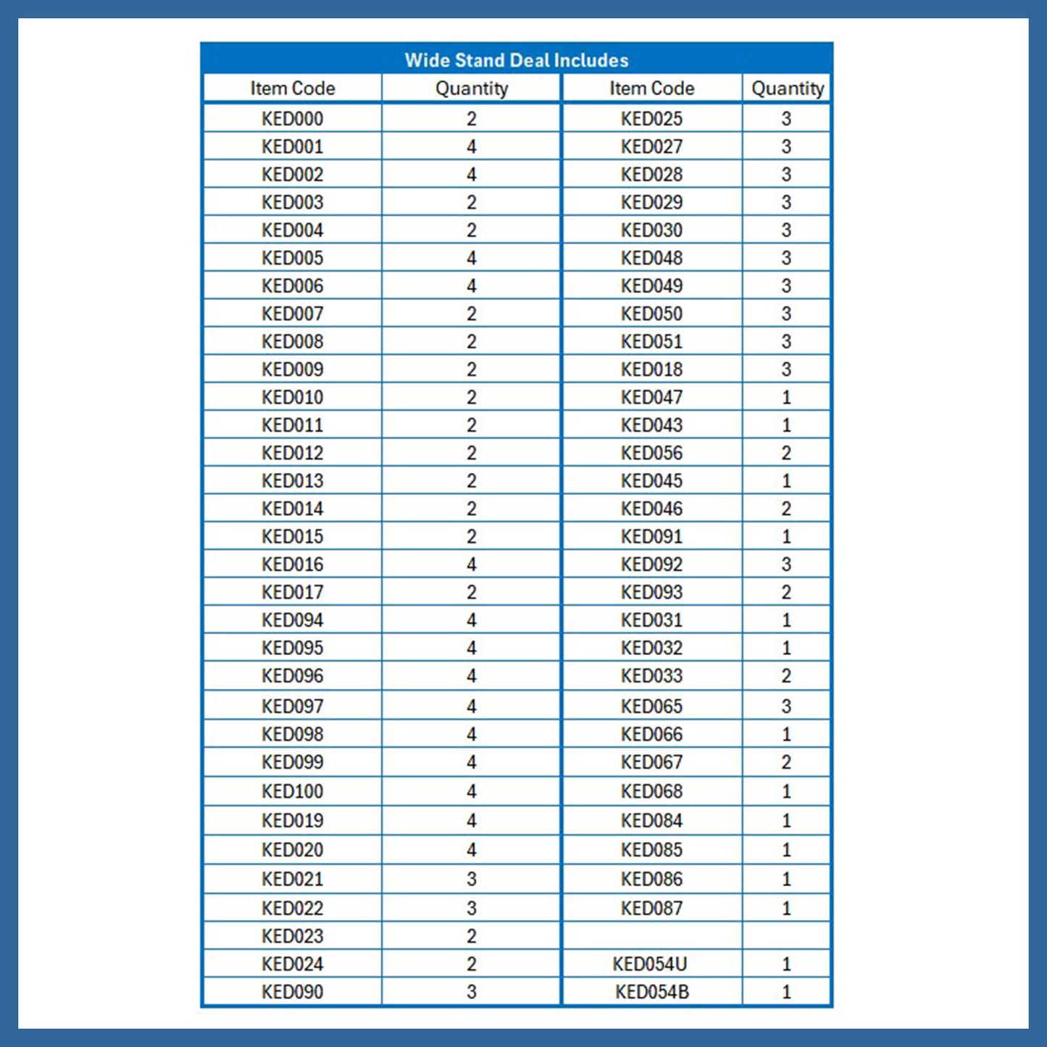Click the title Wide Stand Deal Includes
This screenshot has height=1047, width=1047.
tap(516, 60)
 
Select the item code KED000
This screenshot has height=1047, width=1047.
tap(292, 119)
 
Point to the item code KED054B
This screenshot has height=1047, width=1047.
tap(651, 992)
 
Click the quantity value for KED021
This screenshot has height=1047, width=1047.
tap(471, 879)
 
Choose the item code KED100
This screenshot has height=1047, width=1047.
tap(292, 791)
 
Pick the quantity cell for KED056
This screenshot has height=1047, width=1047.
tap(786, 454)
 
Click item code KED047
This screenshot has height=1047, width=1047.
tap(651, 398)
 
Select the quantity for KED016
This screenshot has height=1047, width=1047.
tap(471, 564)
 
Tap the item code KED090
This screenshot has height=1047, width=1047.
tap(292, 992)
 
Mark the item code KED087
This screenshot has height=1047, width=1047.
tap(651, 908)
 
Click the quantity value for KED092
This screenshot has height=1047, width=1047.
tap(786, 564)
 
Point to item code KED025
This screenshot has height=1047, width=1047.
tap(651, 119)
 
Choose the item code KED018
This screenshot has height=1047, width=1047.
tap(651, 370)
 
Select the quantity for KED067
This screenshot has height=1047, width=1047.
tap(786, 762)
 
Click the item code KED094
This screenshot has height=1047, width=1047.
tap(292, 620)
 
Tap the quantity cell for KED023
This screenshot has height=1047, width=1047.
tap(471, 936)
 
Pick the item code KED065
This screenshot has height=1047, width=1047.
tap(651, 706)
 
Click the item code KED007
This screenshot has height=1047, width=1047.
tap(292, 314)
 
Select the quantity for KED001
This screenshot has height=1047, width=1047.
tap(471, 147)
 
